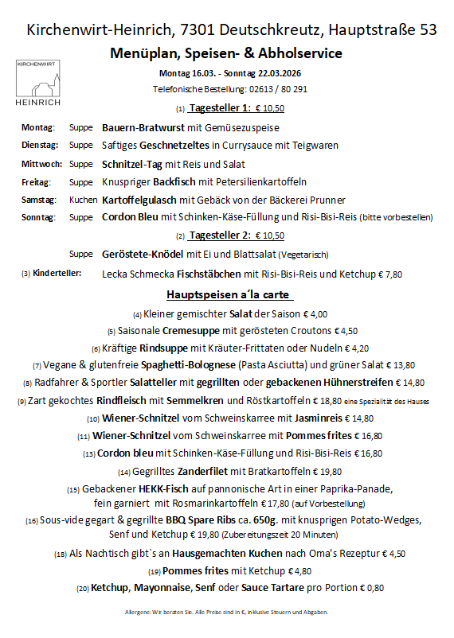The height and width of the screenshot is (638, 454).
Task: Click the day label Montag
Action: [37, 127]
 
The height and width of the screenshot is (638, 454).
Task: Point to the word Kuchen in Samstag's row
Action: [83, 200]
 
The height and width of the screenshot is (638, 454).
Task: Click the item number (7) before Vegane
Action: [37, 366]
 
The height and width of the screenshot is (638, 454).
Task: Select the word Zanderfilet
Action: [208, 470]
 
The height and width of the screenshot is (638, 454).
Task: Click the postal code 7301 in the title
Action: [199, 30]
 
